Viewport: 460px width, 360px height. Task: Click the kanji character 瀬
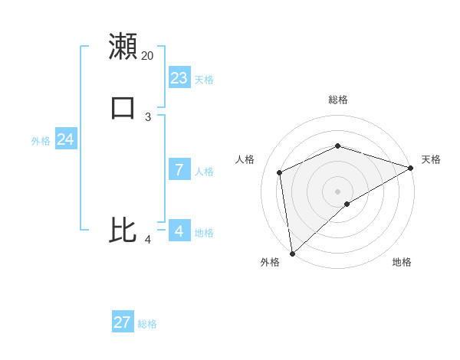[x=123, y=46]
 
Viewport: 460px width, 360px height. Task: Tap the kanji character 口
[x=123, y=107]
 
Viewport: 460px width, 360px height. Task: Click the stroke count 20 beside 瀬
[x=147, y=56]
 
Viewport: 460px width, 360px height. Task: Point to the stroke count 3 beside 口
[x=148, y=117]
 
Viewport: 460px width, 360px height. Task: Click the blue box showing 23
[x=179, y=78]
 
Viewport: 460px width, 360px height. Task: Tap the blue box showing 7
[x=179, y=170]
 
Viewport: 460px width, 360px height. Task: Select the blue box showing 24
[x=66, y=139]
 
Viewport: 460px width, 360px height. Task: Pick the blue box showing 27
[x=123, y=322]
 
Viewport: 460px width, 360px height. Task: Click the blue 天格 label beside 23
[x=204, y=80]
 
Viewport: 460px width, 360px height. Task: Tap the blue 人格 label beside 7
[x=204, y=172]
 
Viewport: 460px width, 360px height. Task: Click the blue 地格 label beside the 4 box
[x=204, y=233]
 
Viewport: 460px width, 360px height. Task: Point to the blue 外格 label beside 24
[x=41, y=141]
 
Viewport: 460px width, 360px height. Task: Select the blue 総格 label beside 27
[x=147, y=324]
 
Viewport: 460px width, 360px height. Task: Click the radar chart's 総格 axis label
[x=338, y=100]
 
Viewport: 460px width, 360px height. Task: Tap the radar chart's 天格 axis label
[x=431, y=159]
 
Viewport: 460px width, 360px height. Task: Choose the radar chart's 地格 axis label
[x=402, y=263]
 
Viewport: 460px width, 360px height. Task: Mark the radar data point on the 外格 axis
[x=291, y=254]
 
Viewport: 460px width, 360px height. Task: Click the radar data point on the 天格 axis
[x=410, y=168]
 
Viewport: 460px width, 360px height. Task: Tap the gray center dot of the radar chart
[x=338, y=191]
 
